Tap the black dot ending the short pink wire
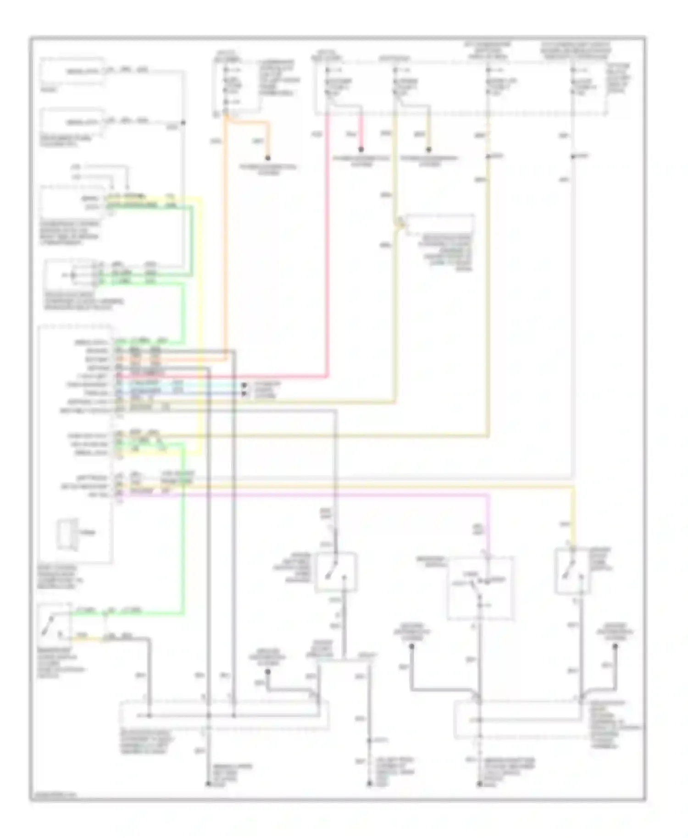(361, 149)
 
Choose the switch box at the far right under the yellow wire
(573, 571)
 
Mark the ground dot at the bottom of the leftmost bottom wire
(207, 784)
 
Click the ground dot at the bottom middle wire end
(369, 784)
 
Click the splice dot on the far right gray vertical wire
(573, 157)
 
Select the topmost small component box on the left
(72, 71)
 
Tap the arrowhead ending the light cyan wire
(244, 393)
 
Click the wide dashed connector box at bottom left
(223, 715)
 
